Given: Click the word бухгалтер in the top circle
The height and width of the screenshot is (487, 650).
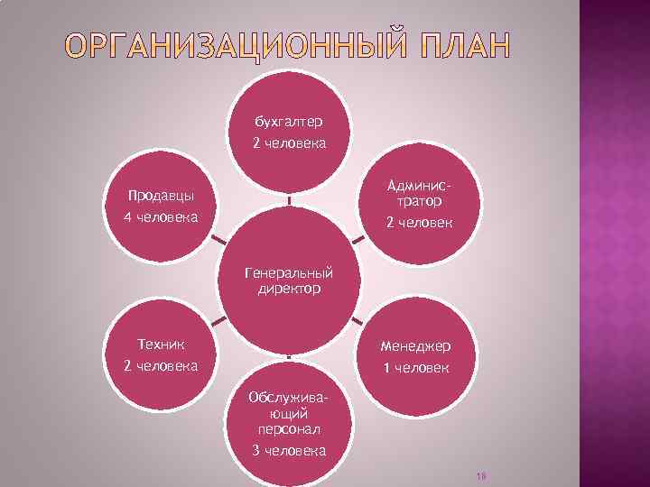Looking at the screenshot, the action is coord(289,120).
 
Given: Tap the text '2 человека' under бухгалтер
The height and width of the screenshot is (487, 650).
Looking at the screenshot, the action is coord(289,143).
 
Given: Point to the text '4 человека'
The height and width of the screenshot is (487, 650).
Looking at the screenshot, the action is coord(160,218).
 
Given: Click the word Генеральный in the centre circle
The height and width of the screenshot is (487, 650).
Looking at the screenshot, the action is coord(289,272).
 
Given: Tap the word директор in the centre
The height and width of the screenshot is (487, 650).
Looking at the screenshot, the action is coord(289,289).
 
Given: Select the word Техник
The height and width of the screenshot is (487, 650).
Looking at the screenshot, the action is coord(160,344).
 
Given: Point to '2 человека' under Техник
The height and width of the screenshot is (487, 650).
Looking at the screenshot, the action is coord(160,367).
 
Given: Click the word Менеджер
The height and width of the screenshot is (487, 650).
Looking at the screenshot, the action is coord(417,345).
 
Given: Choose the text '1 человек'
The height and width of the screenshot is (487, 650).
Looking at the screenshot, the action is coord(417,369).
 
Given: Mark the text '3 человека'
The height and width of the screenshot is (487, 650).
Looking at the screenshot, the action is coord(289,451).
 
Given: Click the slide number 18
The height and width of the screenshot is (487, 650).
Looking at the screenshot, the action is coord(480,475).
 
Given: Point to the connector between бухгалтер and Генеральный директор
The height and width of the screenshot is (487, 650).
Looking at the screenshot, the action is coord(289,199).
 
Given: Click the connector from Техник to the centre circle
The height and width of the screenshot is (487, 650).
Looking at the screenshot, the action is coord(217,322).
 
